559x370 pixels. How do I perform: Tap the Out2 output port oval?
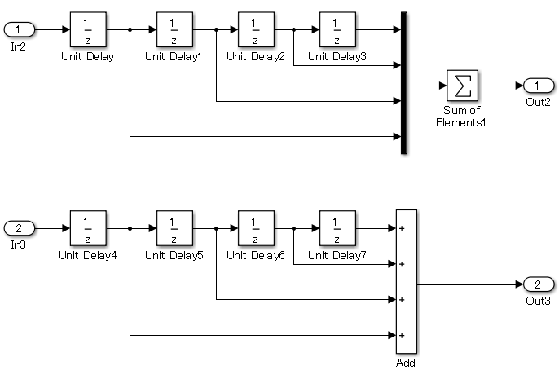click(x=539, y=85)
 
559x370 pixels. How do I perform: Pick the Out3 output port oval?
click(x=539, y=284)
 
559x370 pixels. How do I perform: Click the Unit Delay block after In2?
click(x=86, y=29)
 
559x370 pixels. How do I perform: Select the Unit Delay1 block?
click(x=174, y=29)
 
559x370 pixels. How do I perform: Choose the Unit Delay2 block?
click(x=255, y=29)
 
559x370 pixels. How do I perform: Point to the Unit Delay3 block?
click(x=337, y=29)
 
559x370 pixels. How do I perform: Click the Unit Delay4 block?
click(x=86, y=227)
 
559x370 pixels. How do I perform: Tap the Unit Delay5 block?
click(x=174, y=227)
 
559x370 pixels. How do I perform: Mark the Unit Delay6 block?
click(x=255, y=227)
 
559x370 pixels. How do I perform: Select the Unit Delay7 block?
click(x=337, y=227)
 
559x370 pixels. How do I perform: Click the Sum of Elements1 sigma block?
click(x=462, y=85)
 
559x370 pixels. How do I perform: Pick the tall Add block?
click(x=406, y=282)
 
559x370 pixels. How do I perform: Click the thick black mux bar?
click(x=403, y=82)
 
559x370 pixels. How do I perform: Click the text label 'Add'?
click(x=406, y=363)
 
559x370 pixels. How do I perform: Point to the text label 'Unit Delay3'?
click(x=337, y=57)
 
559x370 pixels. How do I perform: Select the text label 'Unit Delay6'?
click(x=255, y=255)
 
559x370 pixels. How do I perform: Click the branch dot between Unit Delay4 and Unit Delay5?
click(x=130, y=228)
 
